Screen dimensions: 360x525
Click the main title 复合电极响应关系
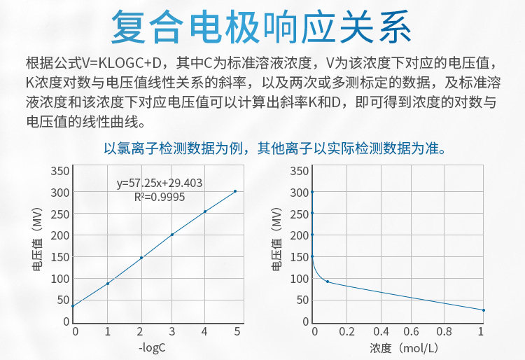(262, 29)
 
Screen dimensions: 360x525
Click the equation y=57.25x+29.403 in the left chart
(160, 184)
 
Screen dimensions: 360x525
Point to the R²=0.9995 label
(160, 198)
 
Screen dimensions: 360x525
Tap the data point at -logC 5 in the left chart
(235, 191)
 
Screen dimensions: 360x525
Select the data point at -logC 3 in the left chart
(172, 234)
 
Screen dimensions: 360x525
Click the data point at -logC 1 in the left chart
(108, 283)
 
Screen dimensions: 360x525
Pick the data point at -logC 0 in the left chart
(73, 305)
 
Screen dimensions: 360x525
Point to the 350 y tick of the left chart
(61, 171)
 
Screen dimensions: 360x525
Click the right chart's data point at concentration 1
(483, 310)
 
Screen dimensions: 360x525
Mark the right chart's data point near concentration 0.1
(328, 282)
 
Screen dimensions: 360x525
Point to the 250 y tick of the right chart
(300, 214)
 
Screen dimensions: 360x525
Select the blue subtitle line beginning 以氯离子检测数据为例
(275, 148)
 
